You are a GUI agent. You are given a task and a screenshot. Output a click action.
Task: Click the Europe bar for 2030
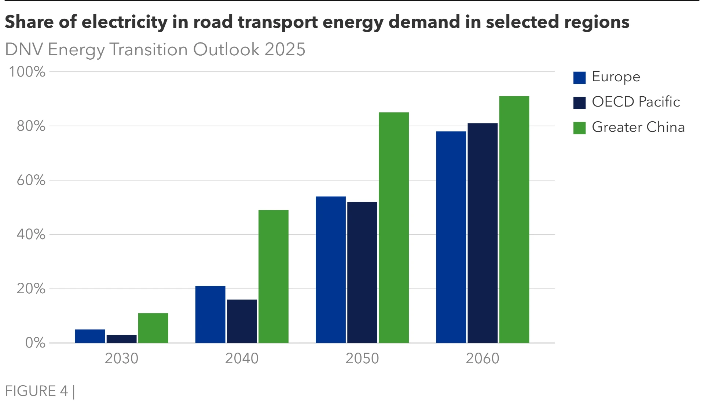click(90, 336)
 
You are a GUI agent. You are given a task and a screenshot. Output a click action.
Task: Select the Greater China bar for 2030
click(153, 328)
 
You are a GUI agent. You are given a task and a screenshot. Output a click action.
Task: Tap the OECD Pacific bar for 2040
click(242, 321)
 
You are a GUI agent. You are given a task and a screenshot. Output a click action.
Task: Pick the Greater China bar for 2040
click(273, 276)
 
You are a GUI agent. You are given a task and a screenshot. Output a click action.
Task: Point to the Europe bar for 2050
click(330, 270)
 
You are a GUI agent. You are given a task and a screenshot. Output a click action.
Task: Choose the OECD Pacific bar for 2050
click(362, 272)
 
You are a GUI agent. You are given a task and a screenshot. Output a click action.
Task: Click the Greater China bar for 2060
click(514, 219)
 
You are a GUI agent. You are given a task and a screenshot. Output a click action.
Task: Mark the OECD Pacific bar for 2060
click(483, 233)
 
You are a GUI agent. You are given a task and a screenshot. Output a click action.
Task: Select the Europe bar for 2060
click(451, 237)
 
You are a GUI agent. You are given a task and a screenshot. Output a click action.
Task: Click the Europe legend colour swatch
click(579, 78)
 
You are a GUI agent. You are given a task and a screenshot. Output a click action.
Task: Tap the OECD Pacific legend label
click(636, 102)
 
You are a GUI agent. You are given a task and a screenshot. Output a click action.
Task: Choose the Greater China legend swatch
click(579, 128)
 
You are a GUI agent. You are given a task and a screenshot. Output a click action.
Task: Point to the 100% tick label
click(27, 72)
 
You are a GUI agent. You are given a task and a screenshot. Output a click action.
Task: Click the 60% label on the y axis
click(31, 180)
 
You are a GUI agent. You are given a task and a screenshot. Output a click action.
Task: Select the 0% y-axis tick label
click(35, 343)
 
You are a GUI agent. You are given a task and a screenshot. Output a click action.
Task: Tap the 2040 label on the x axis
click(242, 358)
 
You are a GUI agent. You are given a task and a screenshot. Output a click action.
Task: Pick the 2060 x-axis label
click(483, 358)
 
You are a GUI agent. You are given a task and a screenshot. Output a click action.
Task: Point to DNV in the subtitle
click(24, 49)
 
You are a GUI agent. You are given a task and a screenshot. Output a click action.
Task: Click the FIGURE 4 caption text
click(37, 391)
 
